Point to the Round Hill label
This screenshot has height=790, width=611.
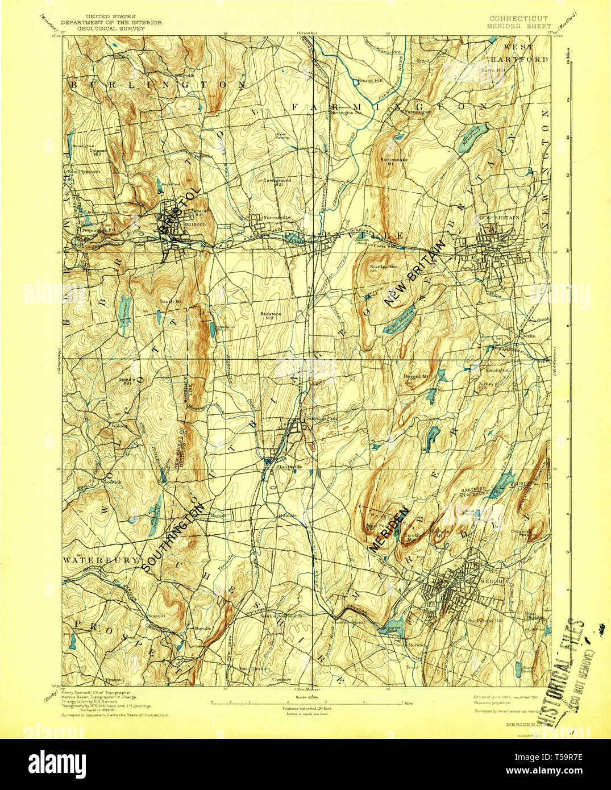[x=370, y=81]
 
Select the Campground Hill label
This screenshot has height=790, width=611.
[x=277, y=182]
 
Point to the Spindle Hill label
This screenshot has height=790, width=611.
[x=126, y=381]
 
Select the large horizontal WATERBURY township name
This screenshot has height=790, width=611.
[x=101, y=560]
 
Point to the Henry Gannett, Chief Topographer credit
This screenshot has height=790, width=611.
[x=96, y=693]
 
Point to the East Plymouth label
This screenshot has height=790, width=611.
[x=84, y=171]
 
